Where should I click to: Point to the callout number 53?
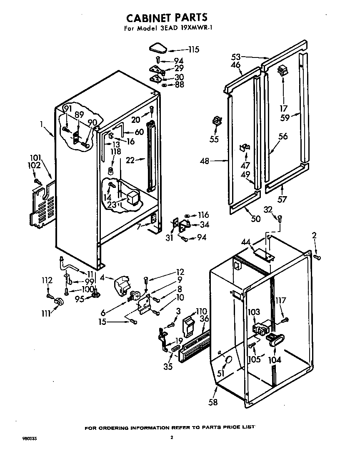coord(236,56)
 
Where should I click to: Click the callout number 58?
coord(214,402)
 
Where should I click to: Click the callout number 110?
coord(202,311)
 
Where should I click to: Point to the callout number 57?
coord(282,200)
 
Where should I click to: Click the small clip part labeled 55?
coord(217,121)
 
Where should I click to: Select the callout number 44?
coord(246,241)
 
